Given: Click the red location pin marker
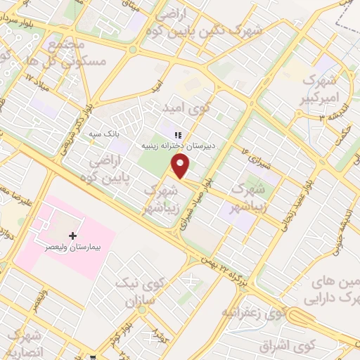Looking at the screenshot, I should point(181,166).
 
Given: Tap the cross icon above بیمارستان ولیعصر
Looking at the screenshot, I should point(72,236).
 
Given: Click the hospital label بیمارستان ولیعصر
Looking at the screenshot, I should point(72,248).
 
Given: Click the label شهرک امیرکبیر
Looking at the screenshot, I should point(323,90).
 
